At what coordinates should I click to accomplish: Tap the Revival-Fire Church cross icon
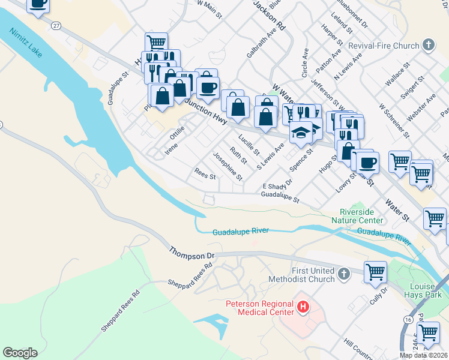(428, 45)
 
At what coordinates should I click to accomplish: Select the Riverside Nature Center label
(357, 216)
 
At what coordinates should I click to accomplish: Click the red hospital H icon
(304, 308)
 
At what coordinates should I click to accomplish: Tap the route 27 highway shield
(56, 26)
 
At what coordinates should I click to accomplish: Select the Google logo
(20, 353)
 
